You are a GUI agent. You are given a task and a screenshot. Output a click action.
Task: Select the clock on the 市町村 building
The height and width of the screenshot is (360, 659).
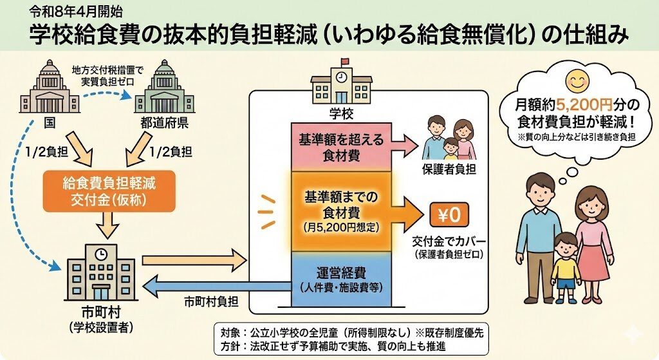click(100, 254)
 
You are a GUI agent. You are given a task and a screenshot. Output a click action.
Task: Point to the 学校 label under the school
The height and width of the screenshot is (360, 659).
click(342, 114)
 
